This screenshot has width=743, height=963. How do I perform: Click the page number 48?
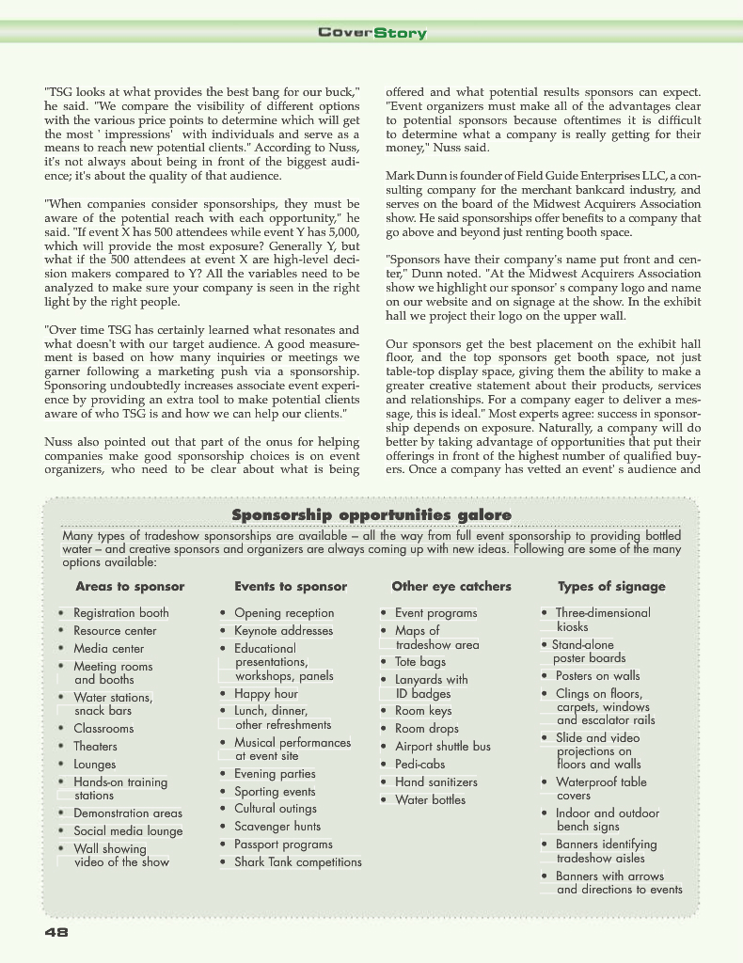coord(56,932)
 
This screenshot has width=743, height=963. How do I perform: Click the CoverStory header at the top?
coord(371,33)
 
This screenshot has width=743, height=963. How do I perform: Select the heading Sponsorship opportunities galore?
coord(371,514)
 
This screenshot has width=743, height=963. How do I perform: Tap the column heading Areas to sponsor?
coord(130,586)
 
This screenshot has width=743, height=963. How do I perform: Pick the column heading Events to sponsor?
coord(291,586)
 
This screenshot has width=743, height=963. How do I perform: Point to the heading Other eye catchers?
coord(451,586)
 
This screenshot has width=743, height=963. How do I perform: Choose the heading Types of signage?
coord(611,586)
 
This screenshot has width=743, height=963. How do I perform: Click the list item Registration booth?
coord(121,613)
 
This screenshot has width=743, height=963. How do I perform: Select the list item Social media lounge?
coord(128,831)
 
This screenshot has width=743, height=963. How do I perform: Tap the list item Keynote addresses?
coord(283,631)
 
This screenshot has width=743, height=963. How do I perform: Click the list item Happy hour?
coord(266,694)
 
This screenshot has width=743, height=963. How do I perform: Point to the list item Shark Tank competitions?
coord(297,862)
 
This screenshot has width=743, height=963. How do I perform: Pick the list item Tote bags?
coord(420,662)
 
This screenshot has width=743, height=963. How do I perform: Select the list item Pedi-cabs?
coord(419,765)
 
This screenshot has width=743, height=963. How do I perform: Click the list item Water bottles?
coord(430,800)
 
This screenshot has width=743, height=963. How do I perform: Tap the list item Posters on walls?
coord(597,676)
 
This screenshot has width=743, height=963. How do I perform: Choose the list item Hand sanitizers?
coord(435,782)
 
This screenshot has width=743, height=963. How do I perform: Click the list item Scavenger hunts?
coord(277,827)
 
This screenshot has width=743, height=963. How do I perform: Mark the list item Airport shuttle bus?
coord(442,747)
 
